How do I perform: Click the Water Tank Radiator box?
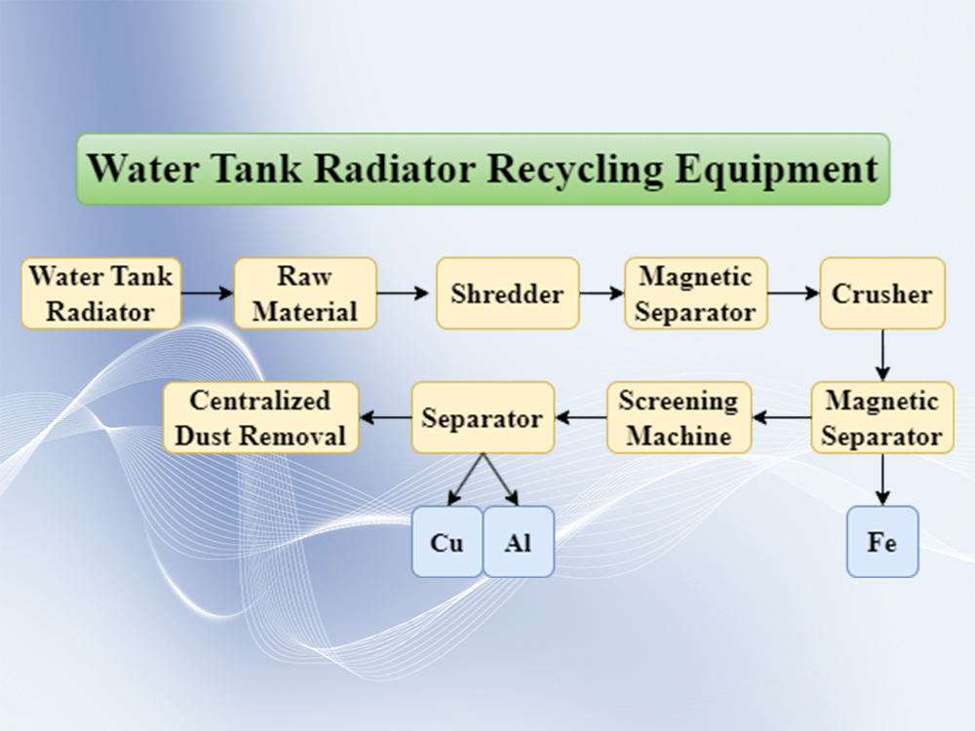(x=101, y=292)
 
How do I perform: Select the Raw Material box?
(x=304, y=292)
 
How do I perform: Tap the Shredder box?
(x=507, y=292)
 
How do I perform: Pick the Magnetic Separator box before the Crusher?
(x=695, y=292)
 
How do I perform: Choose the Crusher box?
(x=881, y=292)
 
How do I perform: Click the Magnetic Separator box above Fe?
(x=881, y=417)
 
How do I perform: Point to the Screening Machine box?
(x=679, y=417)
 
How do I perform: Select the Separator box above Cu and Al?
(x=483, y=417)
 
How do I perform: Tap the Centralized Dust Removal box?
(x=260, y=417)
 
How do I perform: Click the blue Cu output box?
(x=447, y=542)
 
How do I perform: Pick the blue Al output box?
(x=518, y=542)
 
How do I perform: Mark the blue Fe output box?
(x=881, y=542)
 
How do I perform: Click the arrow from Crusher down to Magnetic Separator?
(x=882, y=355)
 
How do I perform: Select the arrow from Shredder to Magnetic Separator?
(x=602, y=292)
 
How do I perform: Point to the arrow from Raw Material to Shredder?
(x=403, y=292)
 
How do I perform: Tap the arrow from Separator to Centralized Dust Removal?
(x=385, y=418)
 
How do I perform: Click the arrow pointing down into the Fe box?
(x=882, y=479)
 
